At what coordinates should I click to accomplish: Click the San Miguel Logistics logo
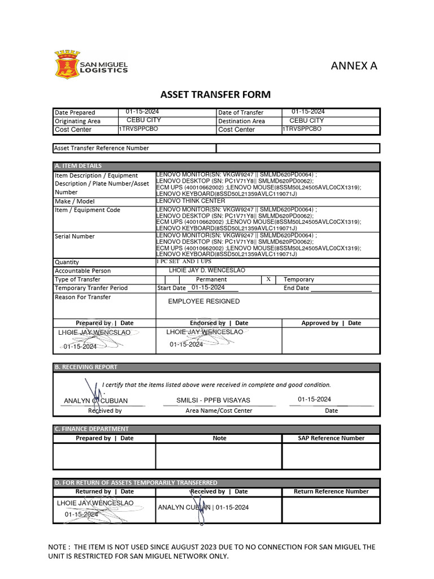(91, 64)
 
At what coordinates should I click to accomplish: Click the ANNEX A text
(354, 66)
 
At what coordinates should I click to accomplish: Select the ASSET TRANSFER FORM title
(216, 94)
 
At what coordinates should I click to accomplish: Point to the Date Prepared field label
(75, 113)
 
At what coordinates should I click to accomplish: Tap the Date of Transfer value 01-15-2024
(308, 111)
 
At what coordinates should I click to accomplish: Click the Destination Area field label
(241, 121)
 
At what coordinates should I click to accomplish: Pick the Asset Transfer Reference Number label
(102, 148)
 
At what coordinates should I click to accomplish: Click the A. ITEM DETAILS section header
(79, 166)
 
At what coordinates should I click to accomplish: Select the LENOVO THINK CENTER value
(190, 201)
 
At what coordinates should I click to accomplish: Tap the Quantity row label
(67, 262)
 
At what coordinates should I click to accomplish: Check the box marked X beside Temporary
(268, 279)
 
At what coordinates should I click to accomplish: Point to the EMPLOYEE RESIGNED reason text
(203, 301)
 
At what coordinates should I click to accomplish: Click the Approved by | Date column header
(331, 323)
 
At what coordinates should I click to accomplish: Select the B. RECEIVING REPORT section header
(86, 367)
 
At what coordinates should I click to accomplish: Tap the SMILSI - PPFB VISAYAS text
(213, 400)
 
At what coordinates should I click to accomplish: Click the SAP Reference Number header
(331, 438)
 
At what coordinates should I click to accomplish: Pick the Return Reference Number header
(331, 491)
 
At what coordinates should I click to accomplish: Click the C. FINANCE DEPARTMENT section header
(92, 429)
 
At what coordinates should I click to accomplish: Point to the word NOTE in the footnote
(59, 547)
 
